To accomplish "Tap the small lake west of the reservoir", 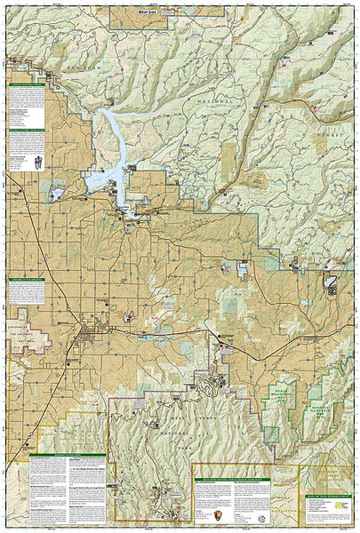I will click(x=57, y=192).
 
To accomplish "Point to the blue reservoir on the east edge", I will click(x=330, y=283).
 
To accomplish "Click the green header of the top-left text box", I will click(x=27, y=85).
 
